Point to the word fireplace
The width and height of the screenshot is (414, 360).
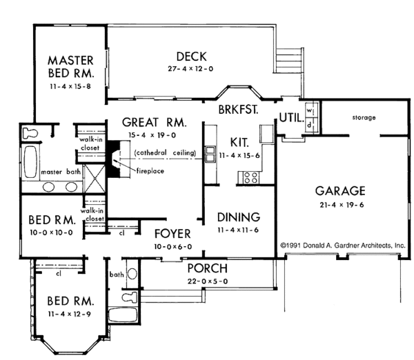(148, 170)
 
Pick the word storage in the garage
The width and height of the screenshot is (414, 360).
(363, 118)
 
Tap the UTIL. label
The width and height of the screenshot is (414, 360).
(290, 118)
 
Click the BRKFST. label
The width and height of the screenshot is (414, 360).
(238, 110)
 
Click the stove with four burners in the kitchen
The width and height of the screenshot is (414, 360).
(250, 177)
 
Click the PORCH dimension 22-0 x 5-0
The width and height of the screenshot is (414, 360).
(207, 281)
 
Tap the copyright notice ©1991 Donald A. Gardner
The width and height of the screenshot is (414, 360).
(342, 245)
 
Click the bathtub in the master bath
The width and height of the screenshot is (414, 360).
(30, 161)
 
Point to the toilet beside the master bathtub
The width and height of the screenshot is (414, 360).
(31, 131)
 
